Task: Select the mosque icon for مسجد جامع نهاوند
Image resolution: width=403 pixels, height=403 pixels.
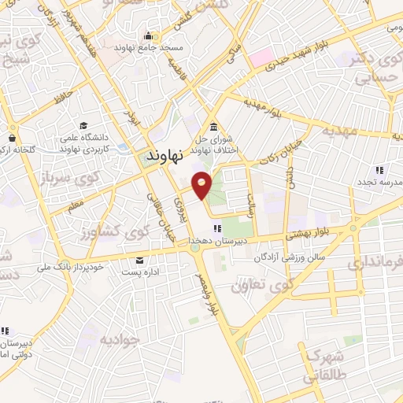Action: click(x=148, y=35)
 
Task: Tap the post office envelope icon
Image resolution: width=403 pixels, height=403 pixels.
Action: click(x=140, y=261)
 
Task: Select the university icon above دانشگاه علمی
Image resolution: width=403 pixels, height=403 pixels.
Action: click(x=83, y=126)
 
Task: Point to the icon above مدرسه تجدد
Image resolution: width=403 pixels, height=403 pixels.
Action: click(x=379, y=169)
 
